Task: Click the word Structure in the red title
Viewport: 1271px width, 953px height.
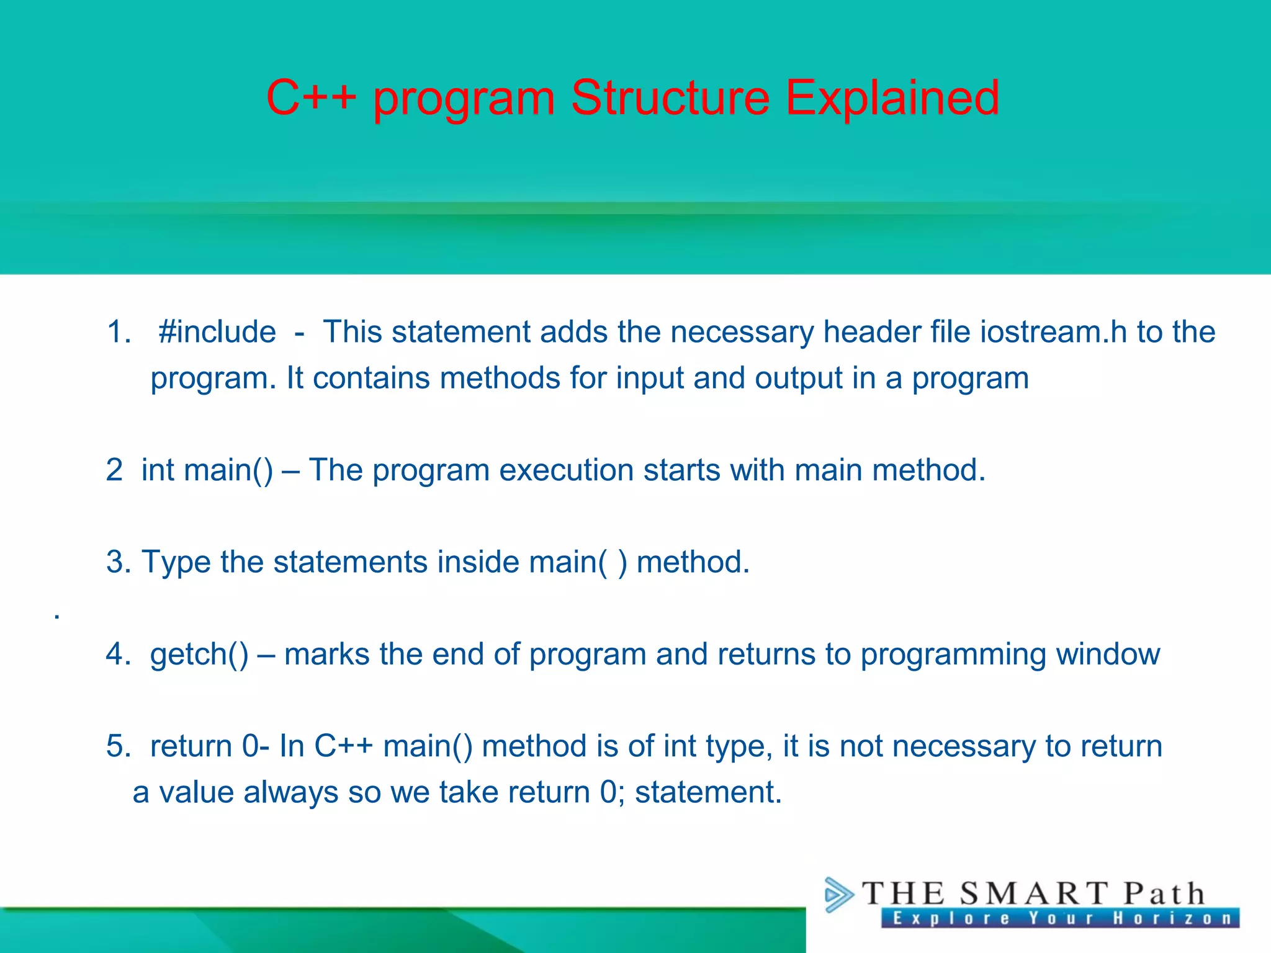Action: tap(670, 98)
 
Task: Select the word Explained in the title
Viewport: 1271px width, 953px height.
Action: tap(892, 98)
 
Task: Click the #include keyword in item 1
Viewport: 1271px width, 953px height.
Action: tap(217, 332)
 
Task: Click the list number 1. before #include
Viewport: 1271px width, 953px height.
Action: tap(119, 332)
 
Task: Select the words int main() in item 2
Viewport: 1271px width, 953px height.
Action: tap(207, 470)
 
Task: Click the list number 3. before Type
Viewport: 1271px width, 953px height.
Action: tap(118, 562)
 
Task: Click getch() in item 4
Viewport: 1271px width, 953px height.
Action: tap(199, 655)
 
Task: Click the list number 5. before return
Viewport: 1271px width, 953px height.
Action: tap(118, 746)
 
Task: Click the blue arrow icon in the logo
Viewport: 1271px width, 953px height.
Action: tap(838, 895)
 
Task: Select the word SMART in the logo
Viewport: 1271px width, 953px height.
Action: tap(1033, 894)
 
